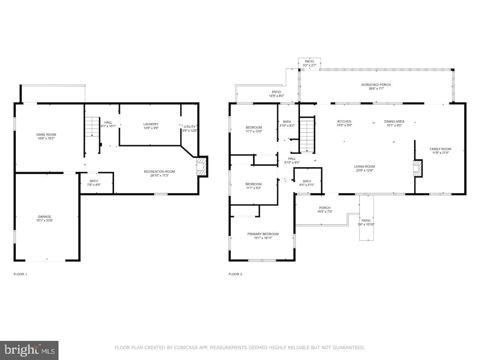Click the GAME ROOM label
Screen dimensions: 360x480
tap(46, 136)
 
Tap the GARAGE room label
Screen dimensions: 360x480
tap(44, 219)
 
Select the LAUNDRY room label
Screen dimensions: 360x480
tap(151, 126)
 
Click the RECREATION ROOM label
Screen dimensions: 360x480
tap(159, 174)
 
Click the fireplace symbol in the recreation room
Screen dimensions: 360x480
tap(201, 166)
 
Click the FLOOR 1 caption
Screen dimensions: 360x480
tap(20, 274)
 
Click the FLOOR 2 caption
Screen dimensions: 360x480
tap(235, 274)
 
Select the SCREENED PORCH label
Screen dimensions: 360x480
tap(376, 87)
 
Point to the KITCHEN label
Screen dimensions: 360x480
tap(344, 123)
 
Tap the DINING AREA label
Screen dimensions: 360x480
tap(394, 123)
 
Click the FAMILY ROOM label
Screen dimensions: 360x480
tap(440, 151)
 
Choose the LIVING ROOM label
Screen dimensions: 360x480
tap(364, 168)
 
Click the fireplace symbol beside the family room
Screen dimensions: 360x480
tap(417, 168)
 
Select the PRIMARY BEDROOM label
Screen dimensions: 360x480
tap(263, 236)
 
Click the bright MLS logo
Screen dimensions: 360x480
tap(29, 350)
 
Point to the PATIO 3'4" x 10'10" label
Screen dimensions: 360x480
tap(366, 222)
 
